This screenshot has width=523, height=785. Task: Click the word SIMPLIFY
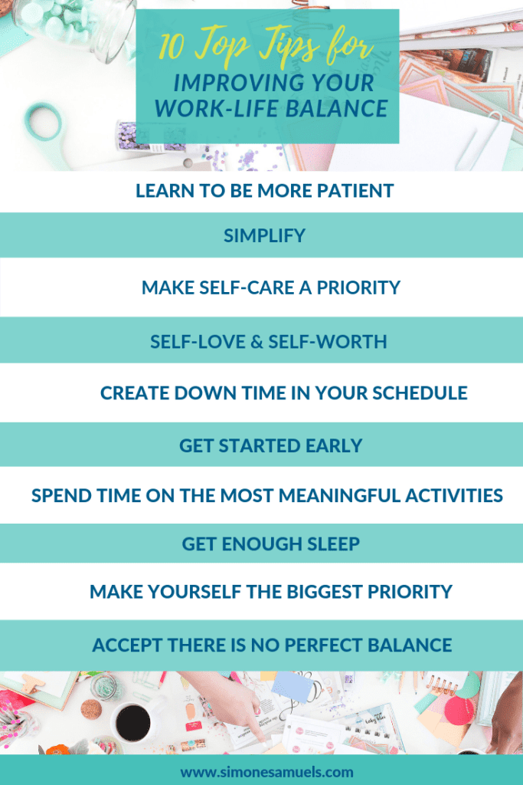click(x=264, y=235)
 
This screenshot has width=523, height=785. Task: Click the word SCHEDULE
click(x=420, y=393)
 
